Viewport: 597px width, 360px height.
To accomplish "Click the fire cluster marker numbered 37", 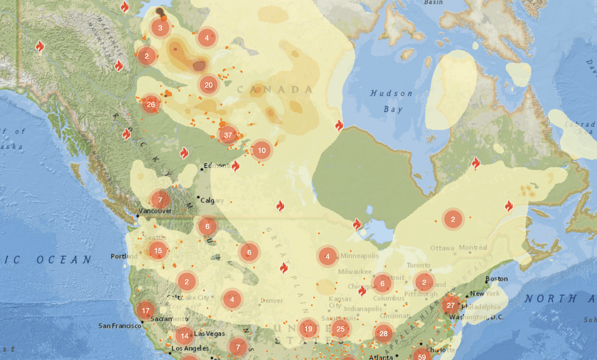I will coord(228,135).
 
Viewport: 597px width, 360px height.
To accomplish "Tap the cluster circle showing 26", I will coord(151,105).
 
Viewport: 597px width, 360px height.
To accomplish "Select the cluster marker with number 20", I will coord(208,85).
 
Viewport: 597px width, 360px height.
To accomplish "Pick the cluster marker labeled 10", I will coord(262,150).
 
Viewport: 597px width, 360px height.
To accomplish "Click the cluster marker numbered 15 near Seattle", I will coord(158,251).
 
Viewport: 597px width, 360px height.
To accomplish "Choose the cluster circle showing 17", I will coord(146,310).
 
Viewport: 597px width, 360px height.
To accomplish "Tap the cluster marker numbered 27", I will coord(450,305).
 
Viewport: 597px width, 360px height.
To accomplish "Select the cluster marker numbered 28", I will coord(384,334).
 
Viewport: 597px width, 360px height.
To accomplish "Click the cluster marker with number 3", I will coord(160,28).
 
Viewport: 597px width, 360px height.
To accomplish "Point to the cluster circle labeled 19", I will coord(308,329).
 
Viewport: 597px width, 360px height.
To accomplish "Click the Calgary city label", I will coord(212,201).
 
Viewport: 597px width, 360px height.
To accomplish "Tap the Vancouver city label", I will coord(155,211).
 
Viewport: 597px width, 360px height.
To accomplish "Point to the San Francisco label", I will coord(120,326).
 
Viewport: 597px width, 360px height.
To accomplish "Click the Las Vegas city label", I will coord(209,334).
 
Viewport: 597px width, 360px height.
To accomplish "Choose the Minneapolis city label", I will coord(359,256).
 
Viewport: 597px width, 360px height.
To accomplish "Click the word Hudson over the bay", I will coord(391,93).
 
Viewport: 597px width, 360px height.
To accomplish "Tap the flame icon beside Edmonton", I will coord(236,166).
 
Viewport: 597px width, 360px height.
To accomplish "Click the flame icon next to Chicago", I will coord(362,290).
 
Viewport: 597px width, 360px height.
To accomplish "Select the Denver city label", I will coord(272,301).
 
